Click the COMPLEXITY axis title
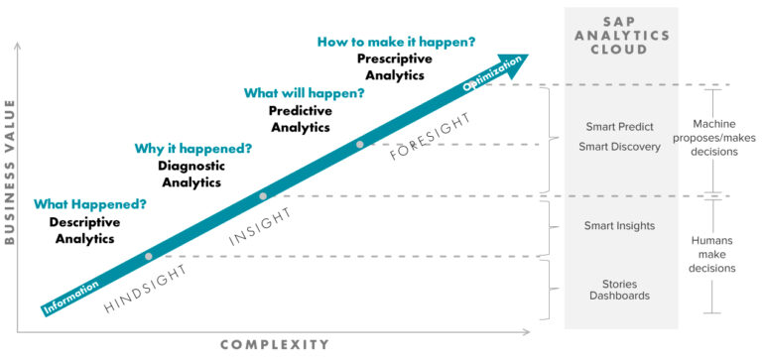click(274, 344)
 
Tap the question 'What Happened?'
click(90, 204)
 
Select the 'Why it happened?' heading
click(192, 149)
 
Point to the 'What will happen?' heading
click(304, 93)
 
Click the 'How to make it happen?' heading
click(396, 42)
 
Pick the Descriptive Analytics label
click(84, 230)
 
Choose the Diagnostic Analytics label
click(191, 174)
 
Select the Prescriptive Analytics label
click(395, 67)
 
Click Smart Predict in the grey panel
click(621, 128)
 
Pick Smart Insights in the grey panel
click(621, 226)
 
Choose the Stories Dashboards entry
click(621, 290)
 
